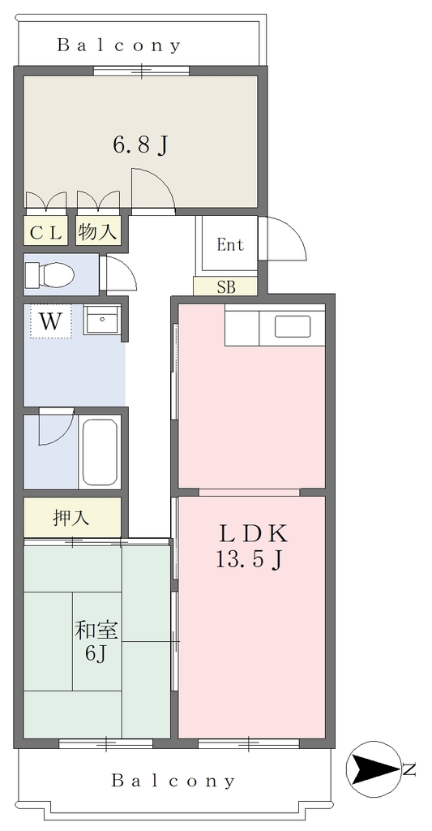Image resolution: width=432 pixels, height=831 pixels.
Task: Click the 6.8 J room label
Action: [x=140, y=144]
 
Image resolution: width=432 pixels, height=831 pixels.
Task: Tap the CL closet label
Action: [x=45, y=232]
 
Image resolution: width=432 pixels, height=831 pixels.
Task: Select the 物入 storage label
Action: [x=97, y=231]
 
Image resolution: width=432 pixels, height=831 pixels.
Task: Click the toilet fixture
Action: [x=49, y=274]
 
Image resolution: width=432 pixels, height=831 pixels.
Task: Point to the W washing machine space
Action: [x=51, y=321]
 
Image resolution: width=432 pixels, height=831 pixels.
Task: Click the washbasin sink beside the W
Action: [x=102, y=321]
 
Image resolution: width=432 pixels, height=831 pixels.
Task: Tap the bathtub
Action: [x=99, y=452]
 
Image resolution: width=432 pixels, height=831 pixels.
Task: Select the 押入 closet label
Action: [x=71, y=517]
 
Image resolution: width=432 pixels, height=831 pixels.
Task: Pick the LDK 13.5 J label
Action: [x=253, y=545]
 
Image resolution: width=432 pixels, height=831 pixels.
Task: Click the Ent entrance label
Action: [x=230, y=245]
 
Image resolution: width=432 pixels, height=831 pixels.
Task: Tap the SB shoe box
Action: [x=226, y=286]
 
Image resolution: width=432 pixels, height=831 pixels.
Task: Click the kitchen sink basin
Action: [x=293, y=326]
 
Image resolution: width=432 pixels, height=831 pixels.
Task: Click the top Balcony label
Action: [x=118, y=45]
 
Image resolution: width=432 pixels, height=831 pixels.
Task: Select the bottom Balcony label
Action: [x=173, y=781]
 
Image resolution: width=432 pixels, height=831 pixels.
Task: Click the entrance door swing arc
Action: [x=294, y=228]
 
